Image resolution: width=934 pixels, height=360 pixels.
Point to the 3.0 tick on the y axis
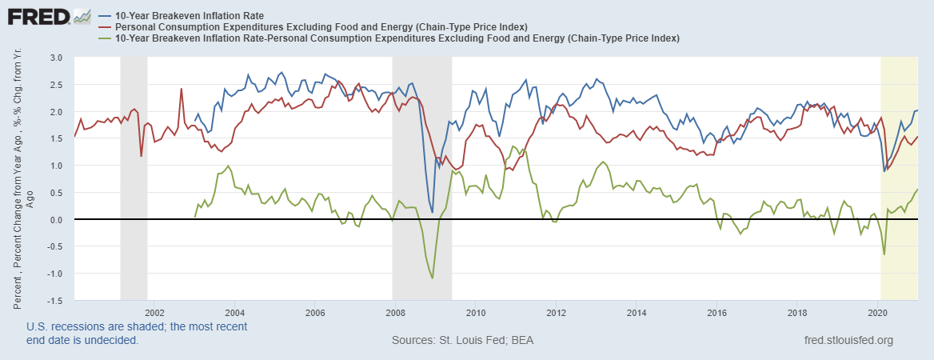56,58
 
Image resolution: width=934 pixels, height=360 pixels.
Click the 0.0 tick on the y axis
56,219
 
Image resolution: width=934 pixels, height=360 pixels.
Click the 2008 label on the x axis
394,312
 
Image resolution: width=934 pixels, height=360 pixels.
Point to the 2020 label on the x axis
877,312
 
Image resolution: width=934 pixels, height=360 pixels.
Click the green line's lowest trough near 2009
433,278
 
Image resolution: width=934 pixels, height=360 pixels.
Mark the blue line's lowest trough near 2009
432,212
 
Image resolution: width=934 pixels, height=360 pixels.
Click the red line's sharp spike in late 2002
182,89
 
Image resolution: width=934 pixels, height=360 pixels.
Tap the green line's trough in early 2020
884,254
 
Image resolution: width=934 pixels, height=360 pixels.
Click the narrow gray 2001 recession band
134,176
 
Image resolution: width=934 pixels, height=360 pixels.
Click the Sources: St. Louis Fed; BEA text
462,341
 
